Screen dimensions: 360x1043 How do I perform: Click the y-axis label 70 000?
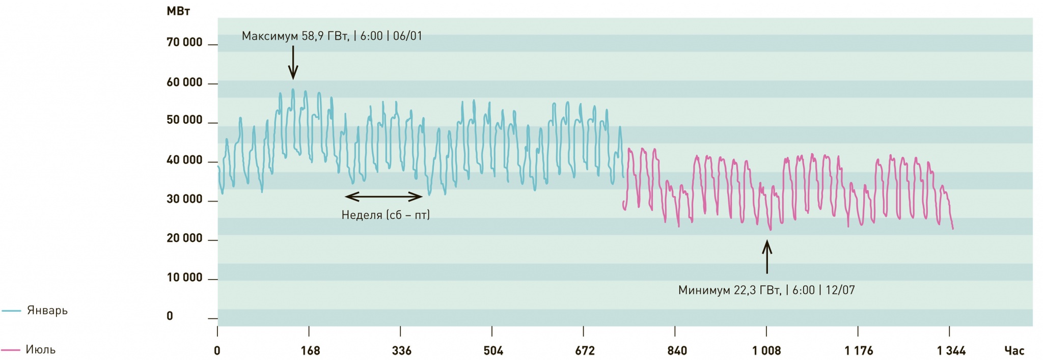click(184, 43)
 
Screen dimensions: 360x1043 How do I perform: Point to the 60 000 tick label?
click(184, 82)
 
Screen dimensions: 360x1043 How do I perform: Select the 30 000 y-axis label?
click(184, 200)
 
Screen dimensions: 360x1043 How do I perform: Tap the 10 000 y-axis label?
click(184, 278)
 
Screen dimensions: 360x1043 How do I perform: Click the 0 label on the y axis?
click(170, 316)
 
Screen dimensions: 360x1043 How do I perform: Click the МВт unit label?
click(178, 11)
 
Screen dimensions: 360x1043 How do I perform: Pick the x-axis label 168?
click(310, 351)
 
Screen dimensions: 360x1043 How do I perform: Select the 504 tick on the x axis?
click(493, 351)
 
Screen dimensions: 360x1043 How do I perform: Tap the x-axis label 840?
click(677, 351)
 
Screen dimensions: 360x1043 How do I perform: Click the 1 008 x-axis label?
click(766, 351)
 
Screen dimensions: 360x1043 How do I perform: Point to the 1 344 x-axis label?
click(951, 351)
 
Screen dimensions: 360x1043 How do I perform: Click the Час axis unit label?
click(1014, 351)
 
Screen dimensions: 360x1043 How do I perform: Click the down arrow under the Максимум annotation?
click(293, 63)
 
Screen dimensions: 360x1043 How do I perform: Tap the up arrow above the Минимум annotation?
click(767, 257)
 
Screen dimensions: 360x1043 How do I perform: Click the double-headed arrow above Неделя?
click(383, 197)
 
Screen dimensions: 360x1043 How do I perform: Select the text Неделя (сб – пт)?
click(386, 215)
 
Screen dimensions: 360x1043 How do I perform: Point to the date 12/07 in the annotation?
click(840, 290)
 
